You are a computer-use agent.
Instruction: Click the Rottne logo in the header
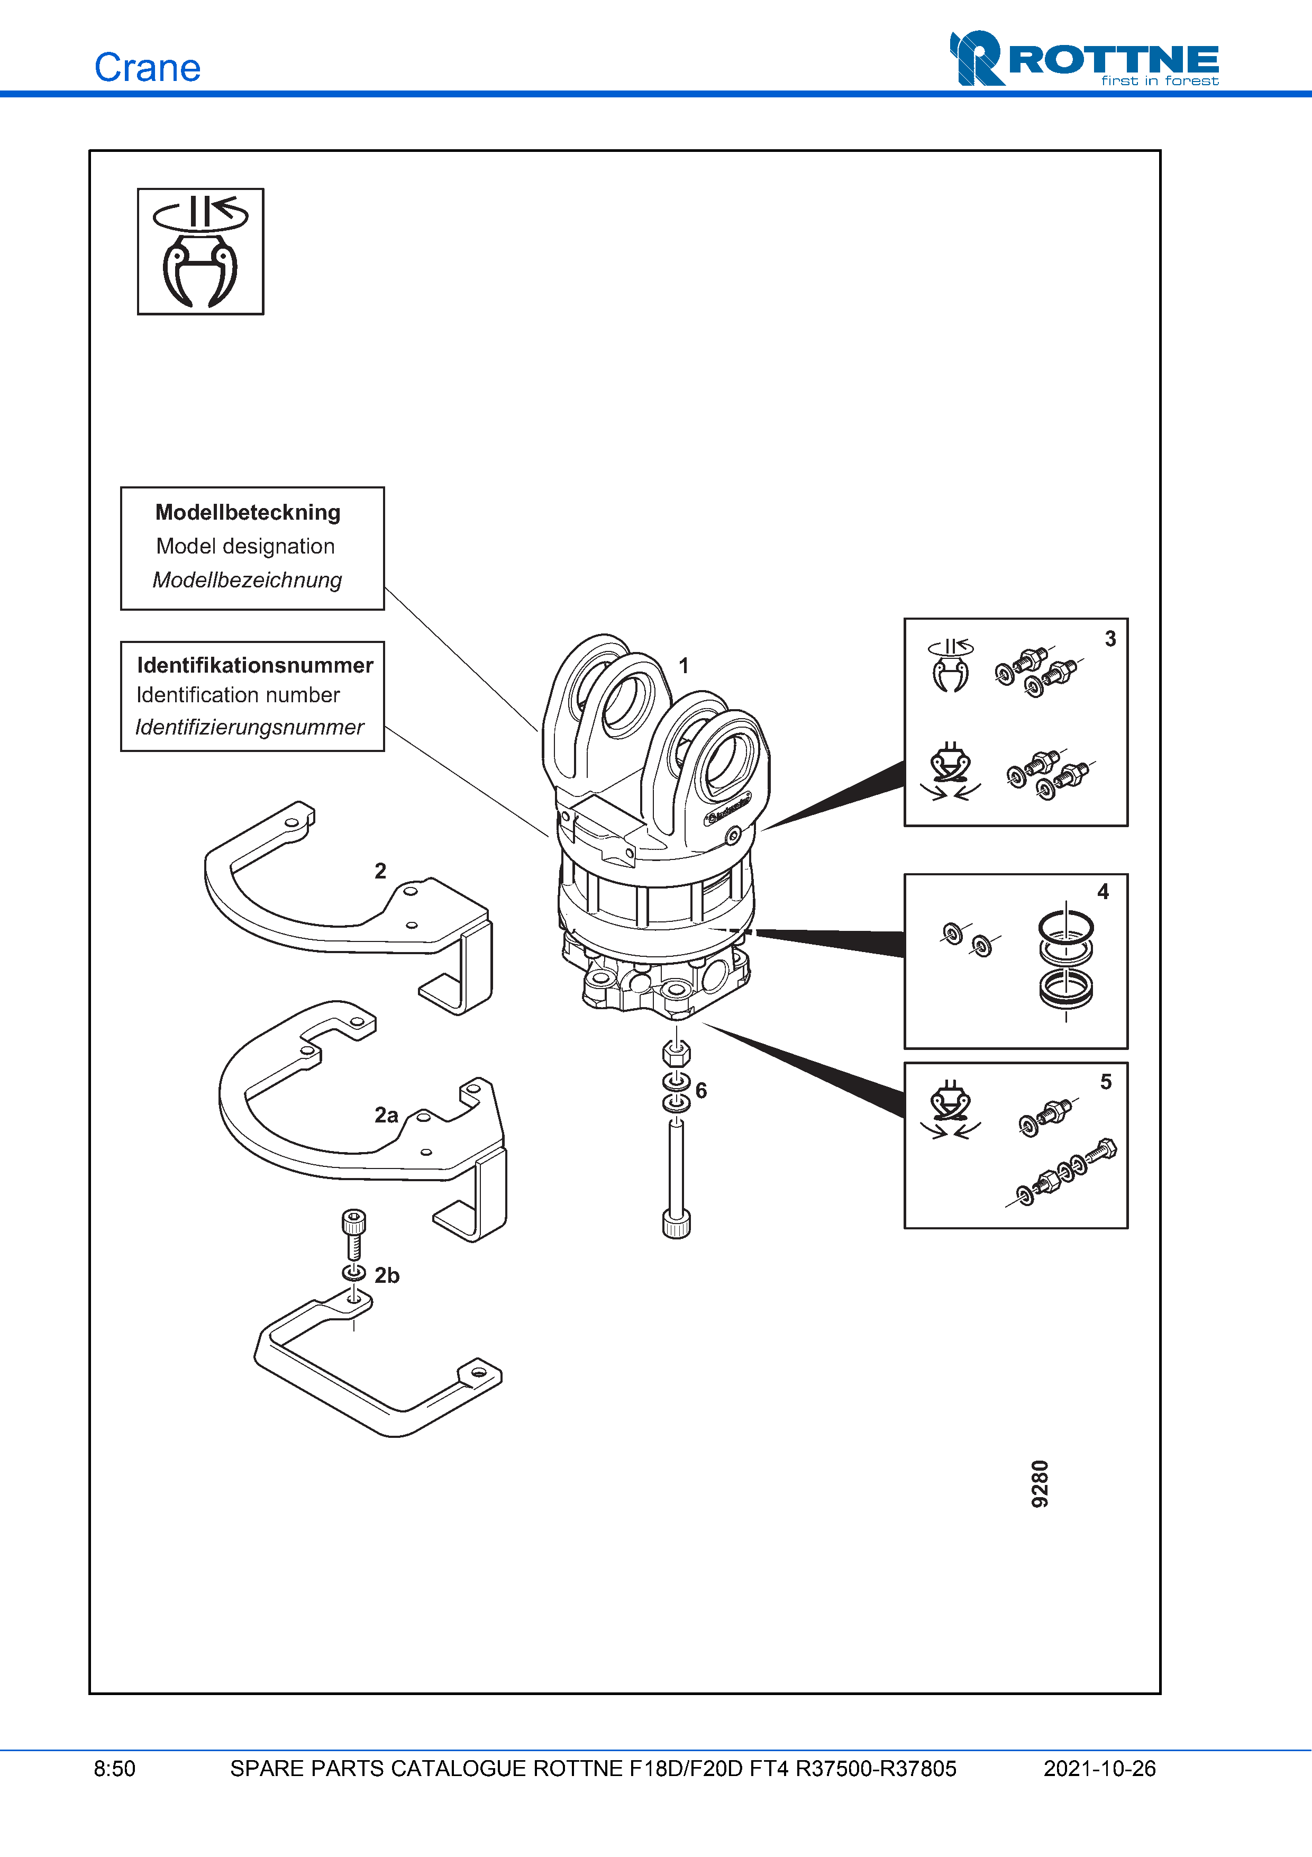click(1084, 59)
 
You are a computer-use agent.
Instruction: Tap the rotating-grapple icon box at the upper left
click(201, 251)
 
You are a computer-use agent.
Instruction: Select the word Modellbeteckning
click(248, 513)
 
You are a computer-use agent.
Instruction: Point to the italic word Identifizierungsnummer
click(250, 727)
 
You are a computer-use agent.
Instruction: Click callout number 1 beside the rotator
click(684, 666)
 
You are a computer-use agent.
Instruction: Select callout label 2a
click(386, 1116)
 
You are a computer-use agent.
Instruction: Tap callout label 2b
click(387, 1275)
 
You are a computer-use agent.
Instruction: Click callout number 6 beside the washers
click(701, 1090)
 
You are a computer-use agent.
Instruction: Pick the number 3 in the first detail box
click(1110, 639)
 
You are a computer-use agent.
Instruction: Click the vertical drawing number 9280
click(1041, 1483)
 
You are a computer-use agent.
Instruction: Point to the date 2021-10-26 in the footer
click(1099, 1769)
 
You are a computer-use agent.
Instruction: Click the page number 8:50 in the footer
click(115, 1769)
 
